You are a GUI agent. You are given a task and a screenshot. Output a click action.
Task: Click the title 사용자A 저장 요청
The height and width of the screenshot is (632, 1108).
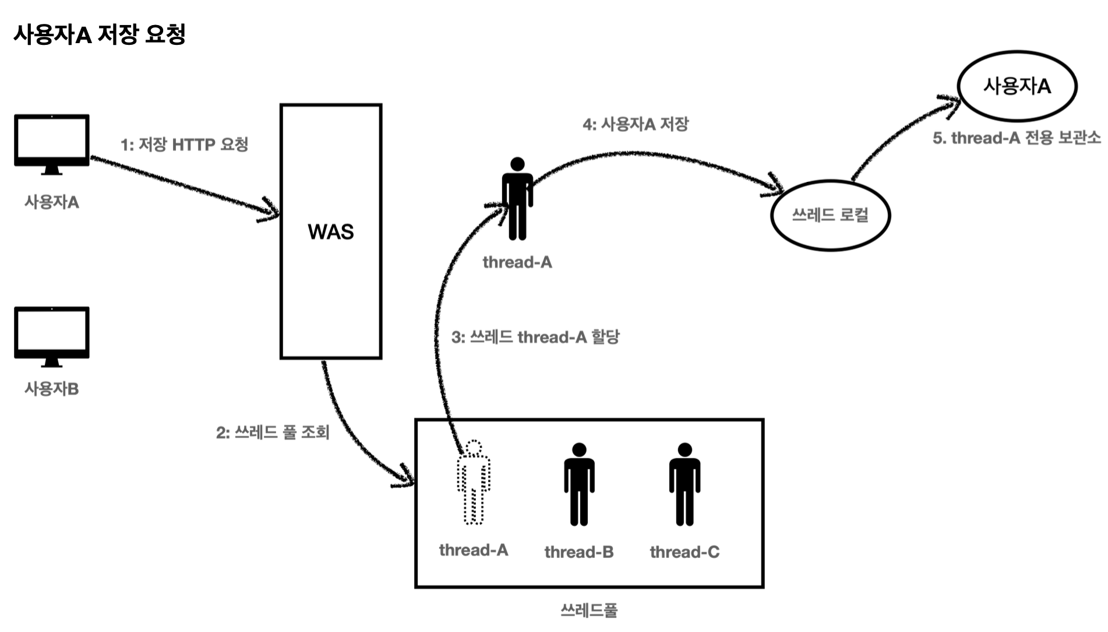[99, 34]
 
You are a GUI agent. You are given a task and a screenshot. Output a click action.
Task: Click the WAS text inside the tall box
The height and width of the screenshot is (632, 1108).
[331, 232]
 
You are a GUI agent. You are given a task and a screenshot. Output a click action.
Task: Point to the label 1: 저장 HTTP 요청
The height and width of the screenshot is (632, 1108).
[185, 144]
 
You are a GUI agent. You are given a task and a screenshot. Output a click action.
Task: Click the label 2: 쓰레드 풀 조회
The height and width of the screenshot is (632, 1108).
[273, 432]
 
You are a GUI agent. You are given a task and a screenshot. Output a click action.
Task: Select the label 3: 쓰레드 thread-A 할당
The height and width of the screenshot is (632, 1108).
[535, 337]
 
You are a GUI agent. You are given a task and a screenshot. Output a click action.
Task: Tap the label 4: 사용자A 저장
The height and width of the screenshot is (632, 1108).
[636, 124]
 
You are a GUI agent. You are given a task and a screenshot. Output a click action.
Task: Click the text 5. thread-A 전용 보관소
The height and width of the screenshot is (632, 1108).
[1017, 138]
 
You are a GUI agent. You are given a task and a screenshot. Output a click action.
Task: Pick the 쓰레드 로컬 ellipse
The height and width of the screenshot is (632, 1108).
[830, 215]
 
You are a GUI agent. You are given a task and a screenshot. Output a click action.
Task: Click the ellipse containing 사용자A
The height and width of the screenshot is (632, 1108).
[1017, 86]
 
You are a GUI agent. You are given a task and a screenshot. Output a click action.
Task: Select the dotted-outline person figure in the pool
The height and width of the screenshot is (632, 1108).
[474, 483]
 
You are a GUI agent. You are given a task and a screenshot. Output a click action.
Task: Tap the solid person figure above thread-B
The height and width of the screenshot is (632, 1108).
[579, 484]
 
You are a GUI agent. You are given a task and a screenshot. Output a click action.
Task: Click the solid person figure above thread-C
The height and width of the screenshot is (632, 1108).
[684, 484]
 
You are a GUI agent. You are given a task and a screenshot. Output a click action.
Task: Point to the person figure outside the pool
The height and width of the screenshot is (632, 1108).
[517, 199]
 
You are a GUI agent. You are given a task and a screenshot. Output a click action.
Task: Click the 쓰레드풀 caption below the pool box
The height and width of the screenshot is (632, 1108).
[589, 610]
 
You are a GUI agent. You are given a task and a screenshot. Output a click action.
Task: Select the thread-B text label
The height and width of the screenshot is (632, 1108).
[579, 552]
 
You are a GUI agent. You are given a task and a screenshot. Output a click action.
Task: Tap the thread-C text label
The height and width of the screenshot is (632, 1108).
[684, 552]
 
